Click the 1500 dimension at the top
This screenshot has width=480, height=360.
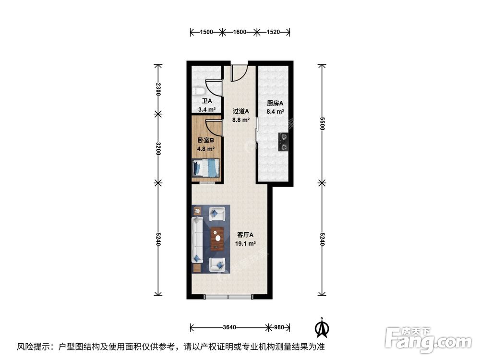click(206, 32)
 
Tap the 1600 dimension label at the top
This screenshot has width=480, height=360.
click(240, 32)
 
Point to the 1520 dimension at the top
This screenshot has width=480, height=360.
click(273, 32)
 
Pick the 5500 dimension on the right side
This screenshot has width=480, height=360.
click(323, 124)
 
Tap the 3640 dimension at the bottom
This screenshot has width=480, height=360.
click(230, 328)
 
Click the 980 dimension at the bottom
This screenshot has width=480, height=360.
click(278, 328)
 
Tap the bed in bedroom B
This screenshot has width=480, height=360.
click(206, 168)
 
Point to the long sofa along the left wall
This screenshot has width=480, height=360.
click(197, 239)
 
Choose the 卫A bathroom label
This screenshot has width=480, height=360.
click(206, 101)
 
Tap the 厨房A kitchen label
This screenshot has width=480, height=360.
click(275, 103)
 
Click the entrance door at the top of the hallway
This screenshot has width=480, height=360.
click(238, 72)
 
